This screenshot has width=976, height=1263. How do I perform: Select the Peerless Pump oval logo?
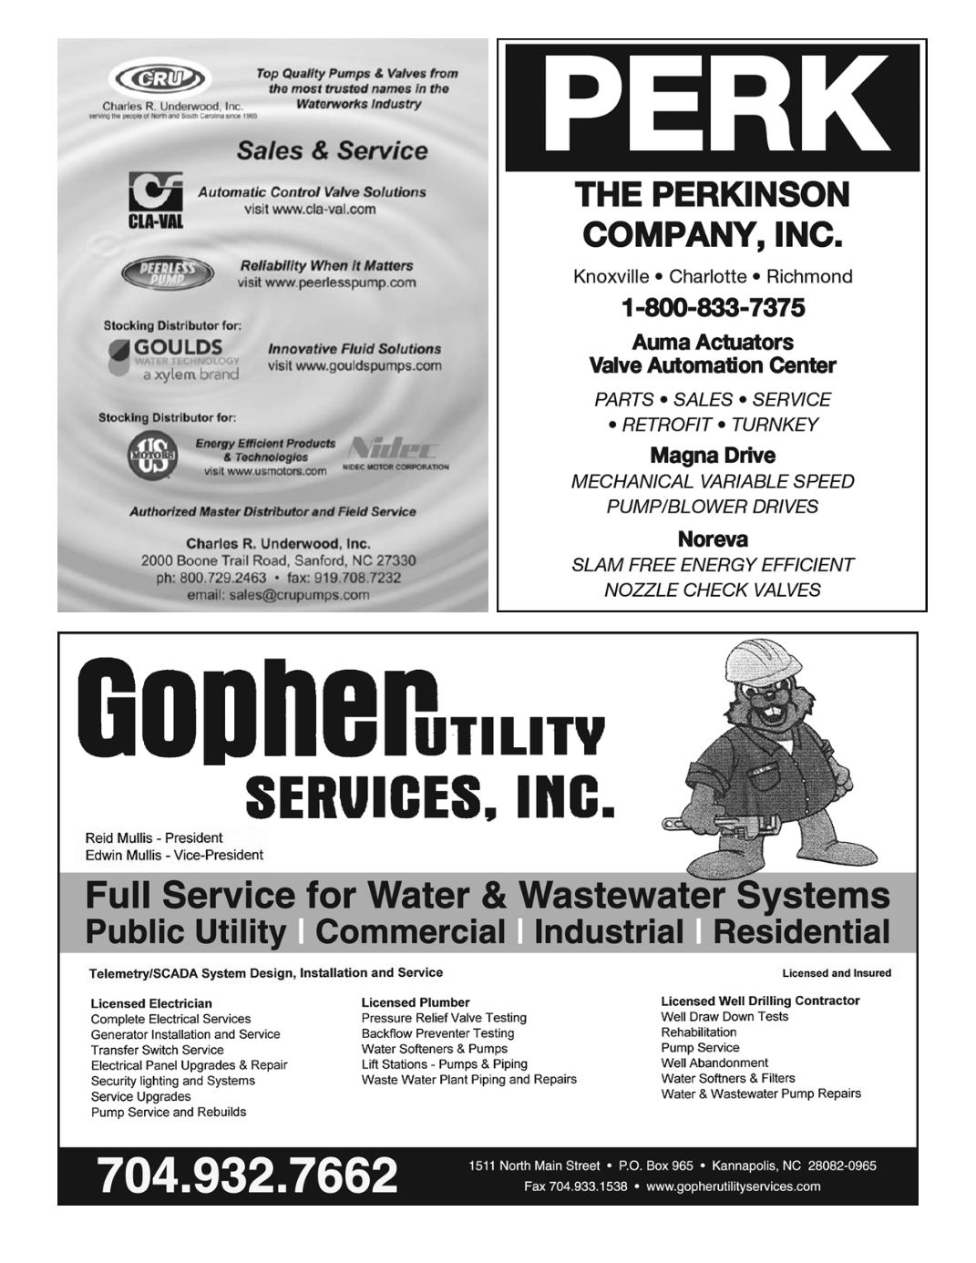tap(169, 273)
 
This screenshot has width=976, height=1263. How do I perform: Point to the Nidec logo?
tap(395, 449)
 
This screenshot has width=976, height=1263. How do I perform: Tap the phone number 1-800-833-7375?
tap(713, 308)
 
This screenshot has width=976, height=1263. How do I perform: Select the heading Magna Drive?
tap(713, 456)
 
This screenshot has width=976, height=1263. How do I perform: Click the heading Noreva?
tap(713, 539)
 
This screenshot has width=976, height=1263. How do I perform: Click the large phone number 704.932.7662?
tap(248, 1176)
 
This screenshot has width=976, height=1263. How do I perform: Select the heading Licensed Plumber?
tap(416, 1002)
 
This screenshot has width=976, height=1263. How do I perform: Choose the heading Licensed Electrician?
tap(151, 1004)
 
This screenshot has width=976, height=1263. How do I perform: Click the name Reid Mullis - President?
tap(154, 837)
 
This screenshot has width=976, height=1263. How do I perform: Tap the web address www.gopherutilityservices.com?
tap(734, 1186)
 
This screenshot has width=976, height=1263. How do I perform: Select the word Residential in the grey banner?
tap(801, 932)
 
